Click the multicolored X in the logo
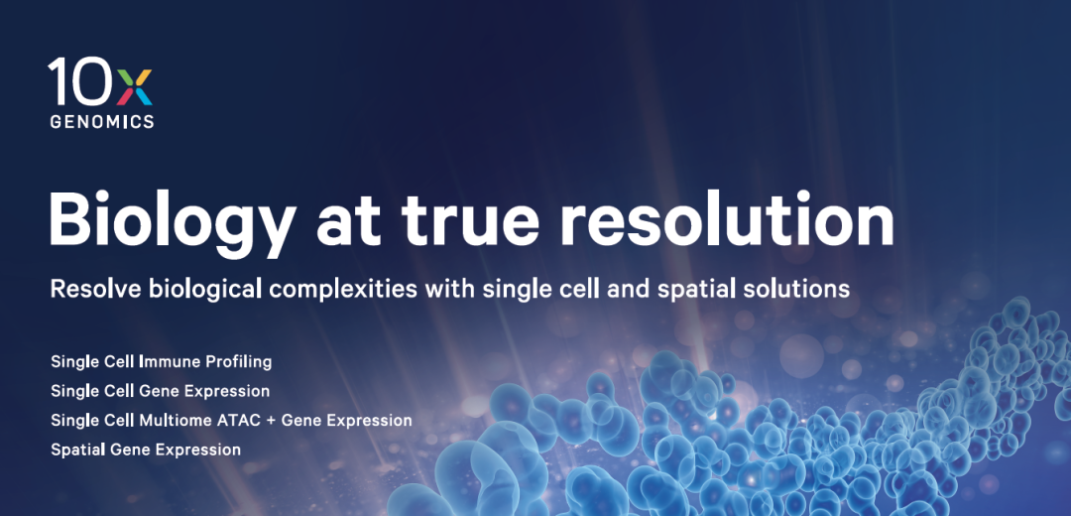[x=135, y=86]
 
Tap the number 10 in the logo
[x=81, y=81]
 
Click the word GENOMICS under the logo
[x=102, y=122]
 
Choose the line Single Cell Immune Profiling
[x=162, y=361]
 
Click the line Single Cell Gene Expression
[x=160, y=392]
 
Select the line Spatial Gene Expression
[x=146, y=450]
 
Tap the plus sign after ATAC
[x=262, y=421]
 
